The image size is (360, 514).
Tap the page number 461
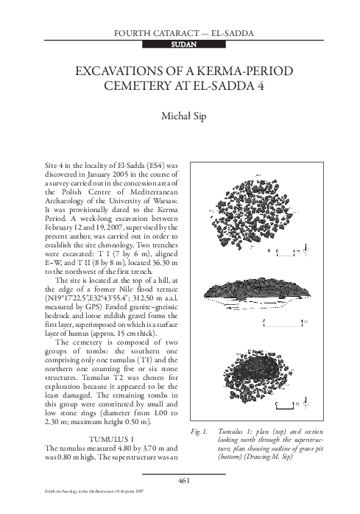point(180,480)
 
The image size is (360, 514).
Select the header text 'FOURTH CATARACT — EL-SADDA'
point(180,32)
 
